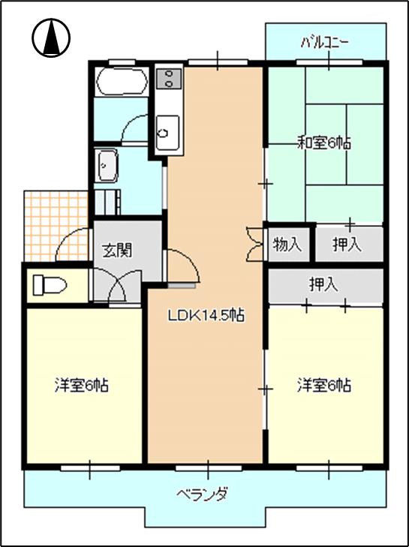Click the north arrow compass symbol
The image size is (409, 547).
(x=51, y=38)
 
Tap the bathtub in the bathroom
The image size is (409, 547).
(x=122, y=81)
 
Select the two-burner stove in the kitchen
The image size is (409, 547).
(x=170, y=79)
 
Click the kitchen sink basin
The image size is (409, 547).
(x=168, y=133)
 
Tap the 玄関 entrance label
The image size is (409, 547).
(x=117, y=250)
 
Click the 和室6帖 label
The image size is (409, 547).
(x=324, y=143)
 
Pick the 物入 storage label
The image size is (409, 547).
(x=287, y=245)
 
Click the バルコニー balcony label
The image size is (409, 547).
(x=324, y=44)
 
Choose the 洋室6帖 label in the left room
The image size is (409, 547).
(x=81, y=386)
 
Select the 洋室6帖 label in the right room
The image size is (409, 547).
(x=324, y=386)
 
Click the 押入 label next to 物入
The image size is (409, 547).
(x=347, y=245)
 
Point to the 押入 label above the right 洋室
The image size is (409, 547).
(x=324, y=284)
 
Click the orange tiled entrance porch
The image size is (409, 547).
(x=56, y=225)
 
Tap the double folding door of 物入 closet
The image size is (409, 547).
(x=254, y=244)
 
